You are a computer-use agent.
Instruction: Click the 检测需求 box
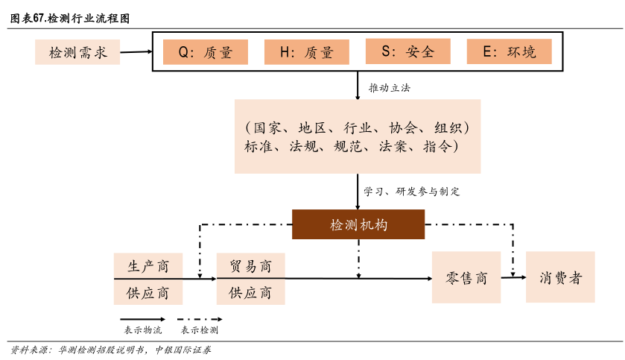(x=77, y=52)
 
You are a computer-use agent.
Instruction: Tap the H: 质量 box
(x=306, y=51)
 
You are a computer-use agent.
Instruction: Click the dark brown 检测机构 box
(x=358, y=224)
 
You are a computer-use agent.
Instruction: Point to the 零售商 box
(x=466, y=277)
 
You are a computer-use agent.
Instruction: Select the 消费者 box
(x=560, y=277)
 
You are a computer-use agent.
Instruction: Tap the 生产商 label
(x=147, y=266)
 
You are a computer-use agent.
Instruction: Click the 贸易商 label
(x=250, y=266)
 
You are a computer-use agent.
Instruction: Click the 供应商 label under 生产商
(x=147, y=292)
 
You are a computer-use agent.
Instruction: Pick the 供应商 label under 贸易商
(x=250, y=292)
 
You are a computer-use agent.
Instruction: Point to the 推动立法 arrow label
(x=389, y=88)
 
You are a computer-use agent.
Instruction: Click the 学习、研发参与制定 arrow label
(x=411, y=192)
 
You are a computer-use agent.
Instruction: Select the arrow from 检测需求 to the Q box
(x=136, y=52)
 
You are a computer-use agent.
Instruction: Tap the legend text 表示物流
(x=142, y=329)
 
